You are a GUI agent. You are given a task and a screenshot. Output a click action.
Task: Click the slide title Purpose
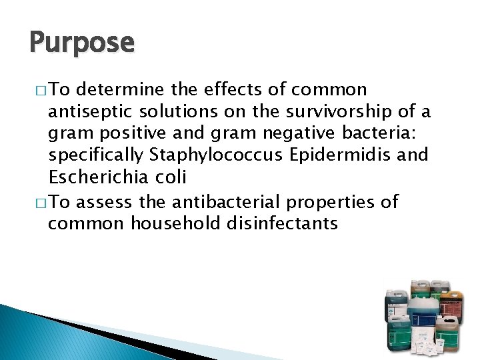[82, 43]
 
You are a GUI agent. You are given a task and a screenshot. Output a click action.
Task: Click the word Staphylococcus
[211, 156]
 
